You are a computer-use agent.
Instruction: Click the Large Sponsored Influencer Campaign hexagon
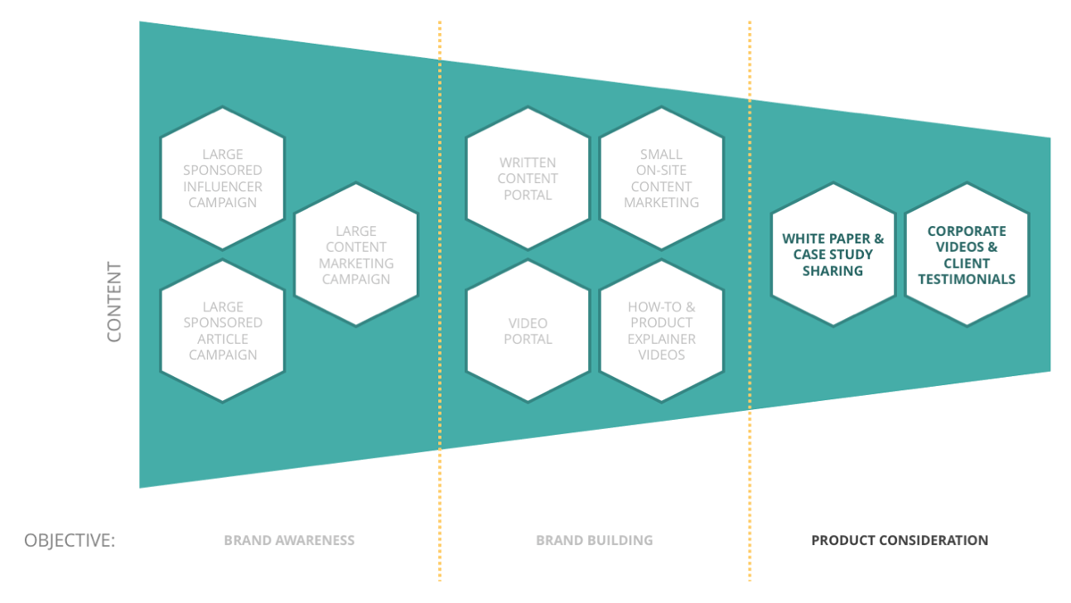tap(222, 178)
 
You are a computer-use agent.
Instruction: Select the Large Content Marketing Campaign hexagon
tap(356, 255)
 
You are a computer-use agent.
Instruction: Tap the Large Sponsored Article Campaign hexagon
tap(222, 331)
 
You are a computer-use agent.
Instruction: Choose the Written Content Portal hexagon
tap(527, 178)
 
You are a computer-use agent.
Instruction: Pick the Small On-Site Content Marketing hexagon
tap(661, 178)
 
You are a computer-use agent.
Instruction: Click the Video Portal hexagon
tap(527, 331)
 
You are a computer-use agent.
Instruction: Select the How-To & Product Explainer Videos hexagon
tap(661, 331)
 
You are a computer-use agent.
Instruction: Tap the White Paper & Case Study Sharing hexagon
tap(833, 255)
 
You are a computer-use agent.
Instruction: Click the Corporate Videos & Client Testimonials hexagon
tap(967, 255)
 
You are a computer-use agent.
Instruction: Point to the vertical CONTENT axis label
tap(114, 302)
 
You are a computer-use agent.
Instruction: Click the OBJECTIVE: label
tap(70, 540)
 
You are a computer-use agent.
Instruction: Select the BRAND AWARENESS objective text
tap(289, 540)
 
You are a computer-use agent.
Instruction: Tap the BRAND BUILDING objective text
tap(594, 540)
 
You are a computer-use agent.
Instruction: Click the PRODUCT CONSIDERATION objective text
tap(900, 540)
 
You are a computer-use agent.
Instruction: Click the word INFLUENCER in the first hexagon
tap(223, 187)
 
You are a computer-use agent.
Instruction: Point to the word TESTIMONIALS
tap(967, 279)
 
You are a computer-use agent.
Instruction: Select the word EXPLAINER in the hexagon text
tap(661, 339)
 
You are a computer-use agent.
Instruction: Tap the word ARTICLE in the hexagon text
tap(223, 339)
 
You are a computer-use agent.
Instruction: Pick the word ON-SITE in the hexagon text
tap(661, 171)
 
